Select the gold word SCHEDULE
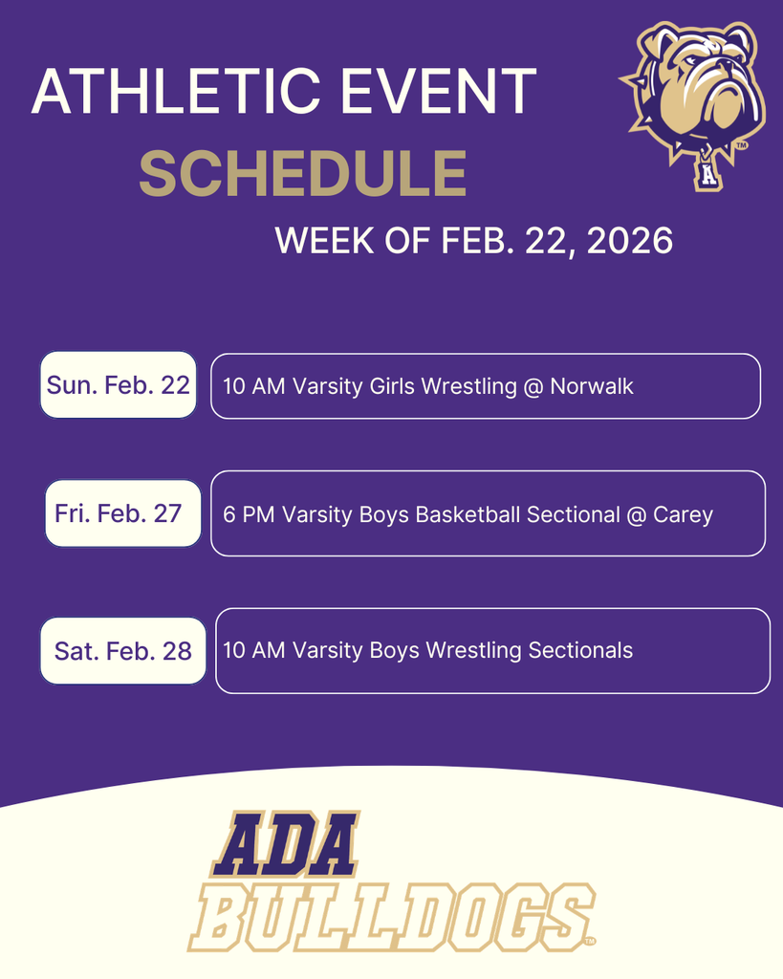point(302,174)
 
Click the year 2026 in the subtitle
point(630,241)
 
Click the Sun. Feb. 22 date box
point(119,385)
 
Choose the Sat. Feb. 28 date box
point(123,651)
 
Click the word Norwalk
point(592,386)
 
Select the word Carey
point(683,514)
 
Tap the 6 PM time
point(242,514)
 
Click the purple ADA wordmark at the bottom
point(285,846)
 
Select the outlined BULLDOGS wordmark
point(391,919)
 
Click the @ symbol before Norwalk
point(533,386)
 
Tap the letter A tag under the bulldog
point(707,176)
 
